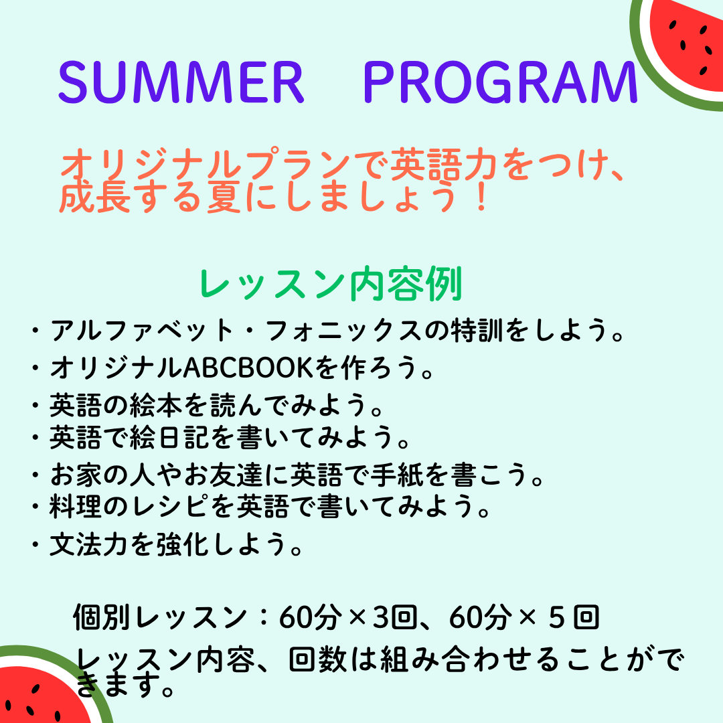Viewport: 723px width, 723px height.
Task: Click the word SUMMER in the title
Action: point(181,82)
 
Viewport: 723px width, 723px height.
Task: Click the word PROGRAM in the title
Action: point(500,82)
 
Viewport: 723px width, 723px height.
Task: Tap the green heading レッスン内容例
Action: point(331,284)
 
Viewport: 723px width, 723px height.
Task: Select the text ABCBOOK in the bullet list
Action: point(248,368)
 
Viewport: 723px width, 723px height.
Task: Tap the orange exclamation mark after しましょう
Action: point(481,197)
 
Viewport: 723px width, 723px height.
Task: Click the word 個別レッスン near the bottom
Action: point(160,617)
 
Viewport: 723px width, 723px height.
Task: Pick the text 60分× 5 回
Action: point(524,617)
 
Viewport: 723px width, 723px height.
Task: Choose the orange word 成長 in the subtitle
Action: point(95,197)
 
